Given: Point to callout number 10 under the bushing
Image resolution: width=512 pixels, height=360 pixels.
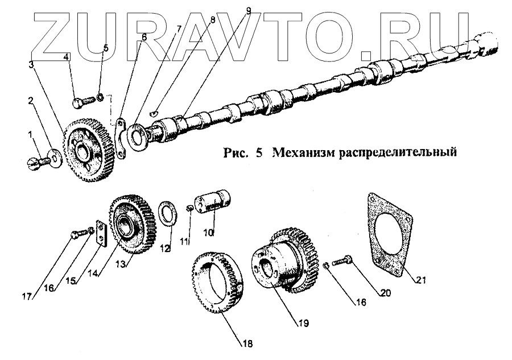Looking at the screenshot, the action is (x=209, y=233).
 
